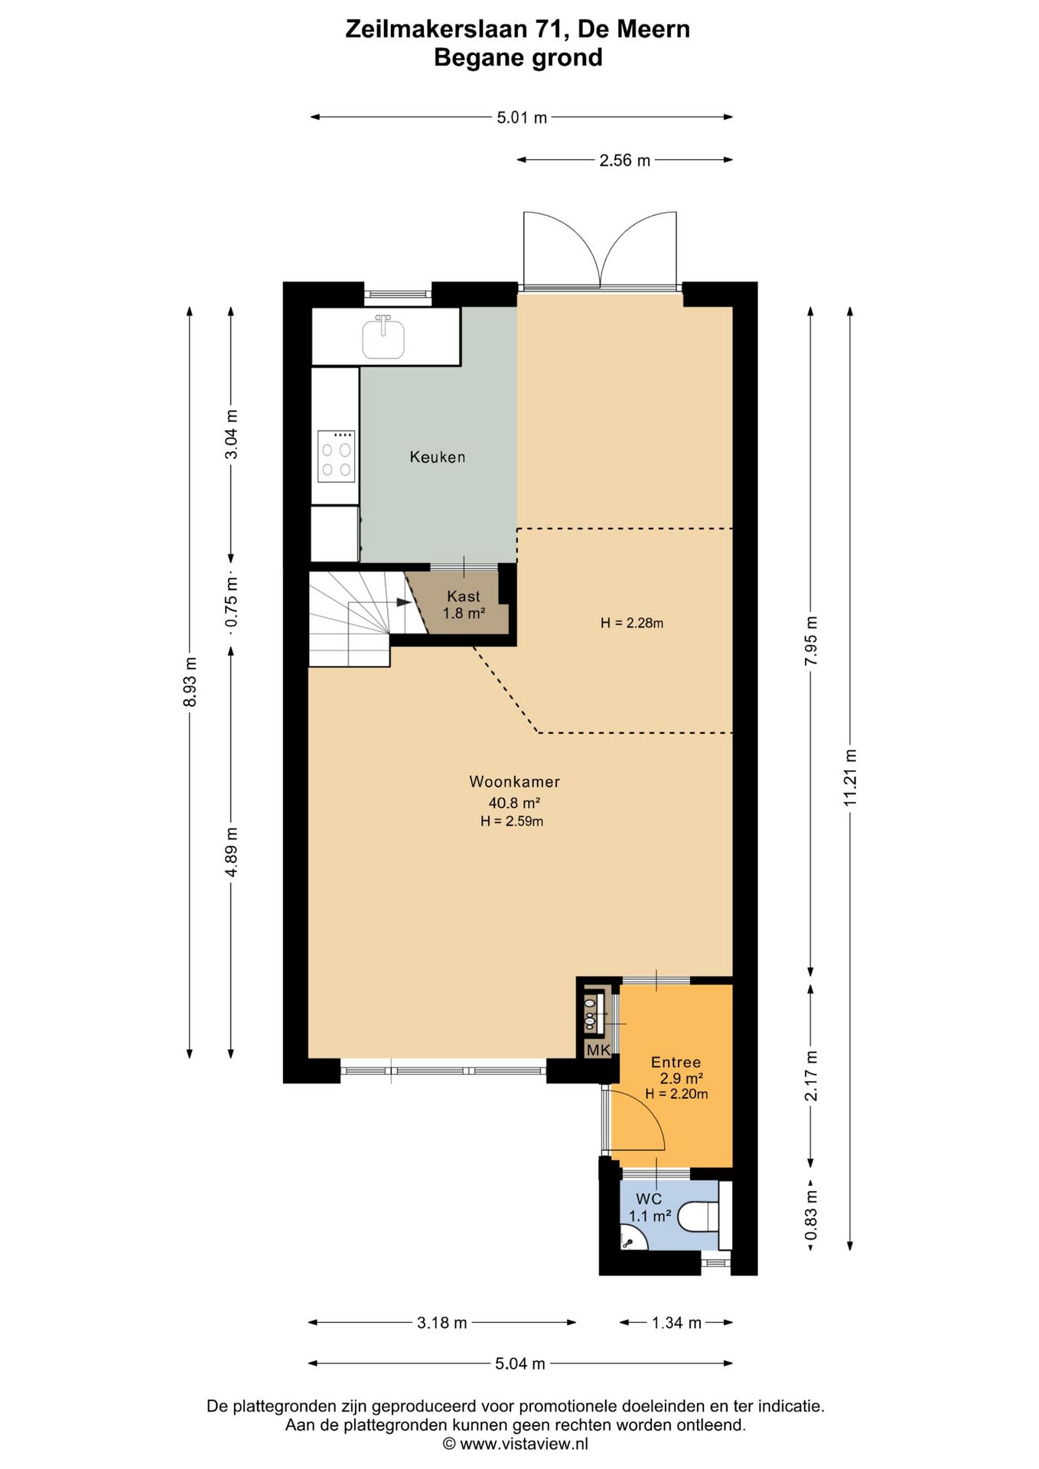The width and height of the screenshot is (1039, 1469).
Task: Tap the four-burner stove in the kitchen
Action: pyautogui.click(x=337, y=456)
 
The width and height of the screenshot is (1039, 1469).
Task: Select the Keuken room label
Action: pyautogui.click(x=438, y=457)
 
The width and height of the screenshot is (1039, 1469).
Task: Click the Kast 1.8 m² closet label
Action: pyautogui.click(x=464, y=604)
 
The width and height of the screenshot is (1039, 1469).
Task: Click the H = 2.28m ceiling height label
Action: pyautogui.click(x=632, y=623)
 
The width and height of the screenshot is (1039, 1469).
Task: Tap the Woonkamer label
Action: pyautogui.click(x=514, y=781)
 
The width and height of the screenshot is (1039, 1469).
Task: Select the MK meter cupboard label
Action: pyautogui.click(x=598, y=1050)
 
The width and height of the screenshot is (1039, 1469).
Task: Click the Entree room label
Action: pyautogui.click(x=676, y=1062)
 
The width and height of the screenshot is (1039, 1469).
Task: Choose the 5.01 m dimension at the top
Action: pyautogui.click(x=522, y=117)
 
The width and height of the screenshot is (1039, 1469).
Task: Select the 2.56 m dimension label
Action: pyautogui.click(x=624, y=160)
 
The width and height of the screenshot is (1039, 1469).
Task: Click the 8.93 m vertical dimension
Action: pyautogui.click(x=191, y=682)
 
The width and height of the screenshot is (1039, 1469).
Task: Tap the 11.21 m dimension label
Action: pyautogui.click(x=850, y=777)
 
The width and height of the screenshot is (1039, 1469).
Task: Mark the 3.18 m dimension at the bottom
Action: pyautogui.click(x=442, y=1322)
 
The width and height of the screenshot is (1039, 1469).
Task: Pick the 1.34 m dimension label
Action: pyautogui.click(x=676, y=1322)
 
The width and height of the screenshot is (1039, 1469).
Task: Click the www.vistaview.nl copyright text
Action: pyautogui.click(x=524, y=1444)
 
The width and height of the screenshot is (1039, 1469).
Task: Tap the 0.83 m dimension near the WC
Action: pyautogui.click(x=811, y=1215)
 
